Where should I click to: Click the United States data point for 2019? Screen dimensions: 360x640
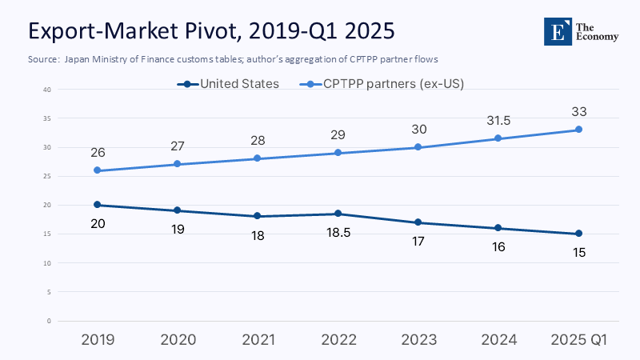[97, 205]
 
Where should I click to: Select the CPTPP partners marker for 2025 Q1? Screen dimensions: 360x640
[578, 130]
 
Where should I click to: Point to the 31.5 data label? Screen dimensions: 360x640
[498, 120]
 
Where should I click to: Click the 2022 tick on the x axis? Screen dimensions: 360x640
[338, 339]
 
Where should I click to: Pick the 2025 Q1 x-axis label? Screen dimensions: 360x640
[578, 339]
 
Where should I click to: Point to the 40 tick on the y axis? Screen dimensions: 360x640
[47, 90]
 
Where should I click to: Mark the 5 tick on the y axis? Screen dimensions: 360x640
[49, 292]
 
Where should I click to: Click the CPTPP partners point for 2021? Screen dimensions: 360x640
[258, 158]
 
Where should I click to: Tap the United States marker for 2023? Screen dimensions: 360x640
[418, 222]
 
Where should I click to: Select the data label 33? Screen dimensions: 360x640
[578, 111]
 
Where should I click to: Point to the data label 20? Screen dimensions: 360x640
[97, 223]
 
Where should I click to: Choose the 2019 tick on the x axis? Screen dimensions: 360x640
[97, 339]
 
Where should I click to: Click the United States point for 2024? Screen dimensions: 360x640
[498, 228]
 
